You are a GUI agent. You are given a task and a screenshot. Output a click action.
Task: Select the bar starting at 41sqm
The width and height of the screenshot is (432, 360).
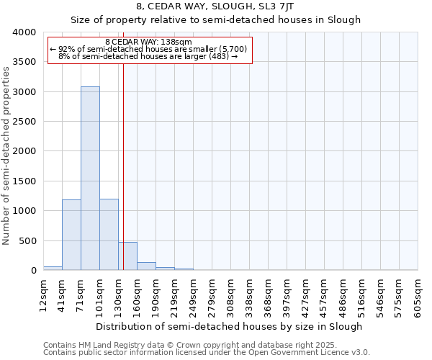[x=71, y=235]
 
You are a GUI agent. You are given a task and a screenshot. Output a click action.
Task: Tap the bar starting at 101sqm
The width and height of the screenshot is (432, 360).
[x=109, y=235]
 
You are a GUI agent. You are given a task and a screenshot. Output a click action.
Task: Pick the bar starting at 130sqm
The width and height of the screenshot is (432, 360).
[x=127, y=256]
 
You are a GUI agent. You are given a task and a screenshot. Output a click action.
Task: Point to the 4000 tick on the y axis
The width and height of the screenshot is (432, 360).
[x=24, y=32]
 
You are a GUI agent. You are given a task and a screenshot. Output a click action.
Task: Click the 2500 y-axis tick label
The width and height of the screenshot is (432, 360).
[x=24, y=122]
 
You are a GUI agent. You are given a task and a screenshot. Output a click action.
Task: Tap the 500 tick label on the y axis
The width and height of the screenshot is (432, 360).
[x=28, y=240]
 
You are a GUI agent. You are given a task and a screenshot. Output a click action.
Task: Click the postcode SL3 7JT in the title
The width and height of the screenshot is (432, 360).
[x=288, y=6]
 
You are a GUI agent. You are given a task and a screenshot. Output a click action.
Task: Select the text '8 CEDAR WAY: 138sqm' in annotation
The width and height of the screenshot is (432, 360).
[x=148, y=42]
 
